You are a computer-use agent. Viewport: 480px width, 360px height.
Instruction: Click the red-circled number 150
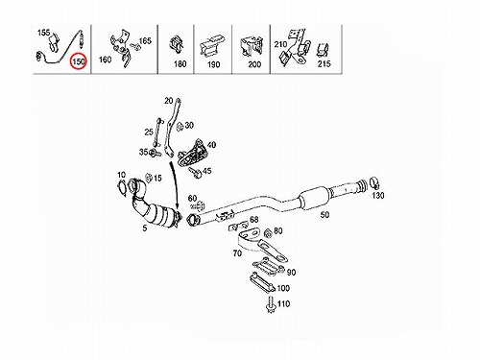[79, 60]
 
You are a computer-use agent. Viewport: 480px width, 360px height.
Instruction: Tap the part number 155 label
[44, 33]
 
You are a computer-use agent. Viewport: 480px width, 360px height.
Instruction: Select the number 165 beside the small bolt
[145, 41]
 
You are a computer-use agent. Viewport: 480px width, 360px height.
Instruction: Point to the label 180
[180, 64]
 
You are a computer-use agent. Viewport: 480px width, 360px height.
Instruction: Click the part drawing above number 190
[212, 45]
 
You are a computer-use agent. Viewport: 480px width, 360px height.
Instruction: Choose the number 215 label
[324, 64]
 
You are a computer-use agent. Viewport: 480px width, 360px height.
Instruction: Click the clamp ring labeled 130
[374, 182]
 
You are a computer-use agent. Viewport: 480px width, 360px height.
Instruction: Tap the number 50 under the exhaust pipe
[324, 214]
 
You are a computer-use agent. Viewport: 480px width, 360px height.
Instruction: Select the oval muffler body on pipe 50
[315, 198]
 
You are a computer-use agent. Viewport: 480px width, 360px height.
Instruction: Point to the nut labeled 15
[148, 177]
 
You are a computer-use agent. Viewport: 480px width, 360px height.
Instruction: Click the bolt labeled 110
[271, 304]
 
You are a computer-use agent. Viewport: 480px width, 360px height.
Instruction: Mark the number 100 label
[283, 288]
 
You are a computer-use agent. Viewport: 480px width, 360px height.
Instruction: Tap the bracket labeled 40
[193, 154]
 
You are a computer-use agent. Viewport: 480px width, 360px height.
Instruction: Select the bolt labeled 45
[195, 172]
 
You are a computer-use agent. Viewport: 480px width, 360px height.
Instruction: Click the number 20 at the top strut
[169, 101]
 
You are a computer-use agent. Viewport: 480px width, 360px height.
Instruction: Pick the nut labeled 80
[268, 233]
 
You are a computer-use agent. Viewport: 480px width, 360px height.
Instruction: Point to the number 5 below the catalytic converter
[145, 228]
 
